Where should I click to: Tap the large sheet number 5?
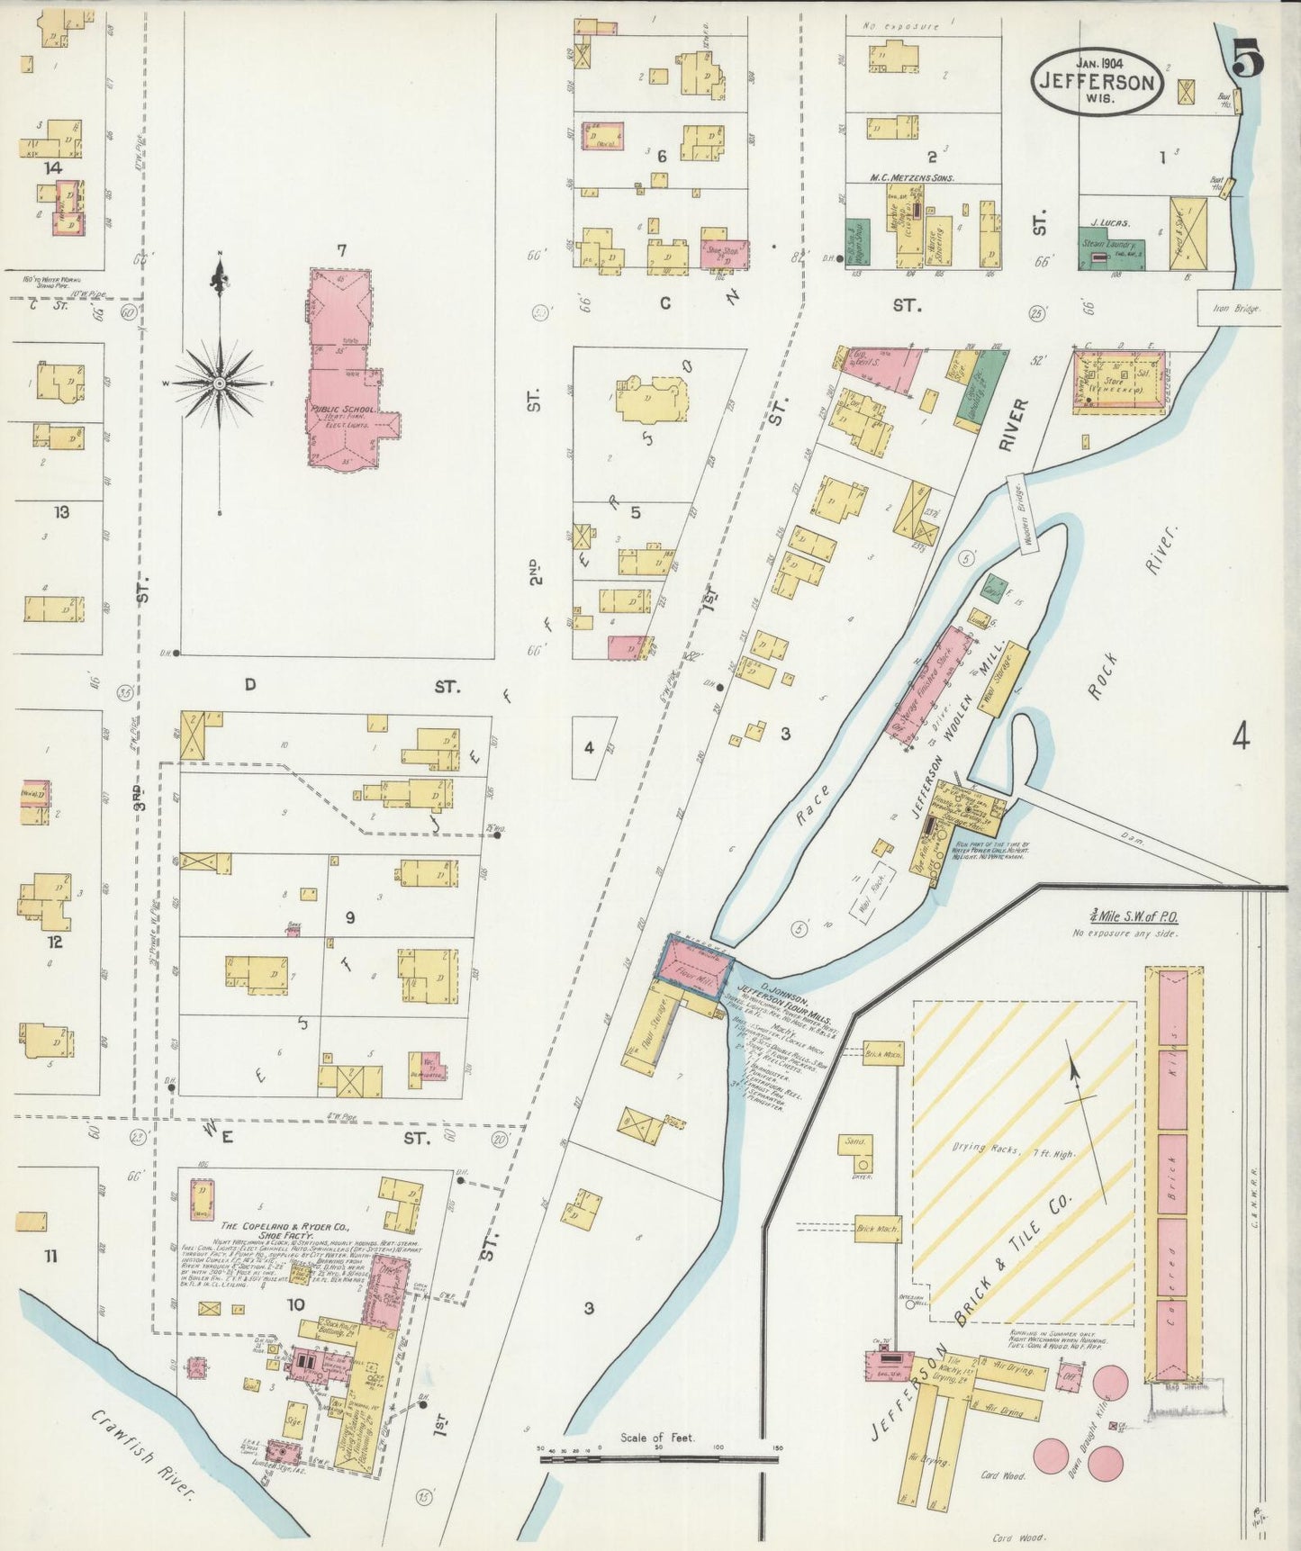click(x=1247, y=61)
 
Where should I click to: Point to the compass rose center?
click(x=219, y=383)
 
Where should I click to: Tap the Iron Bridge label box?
click(x=1238, y=308)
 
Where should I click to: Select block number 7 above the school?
click(x=342, y=249)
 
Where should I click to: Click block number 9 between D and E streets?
click(x=349, y=918)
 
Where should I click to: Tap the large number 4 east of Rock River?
click(x=1241, y=738)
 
